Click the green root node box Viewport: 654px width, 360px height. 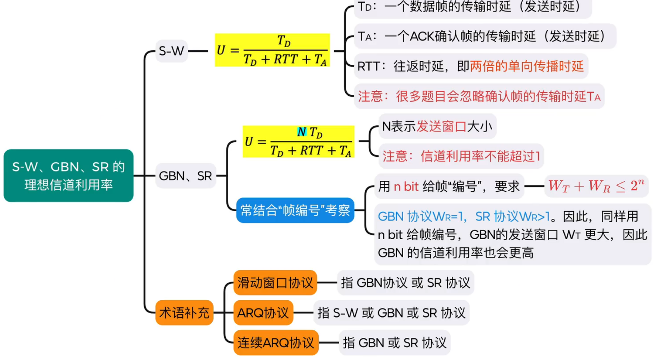(x=68, y=176)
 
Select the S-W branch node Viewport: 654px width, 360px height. (x=172, y=51)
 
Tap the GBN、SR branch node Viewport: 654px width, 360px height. (x=185, y=176)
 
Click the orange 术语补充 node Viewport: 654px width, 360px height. (x=184, y=313)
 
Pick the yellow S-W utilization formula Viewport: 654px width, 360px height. (x=272, y=50)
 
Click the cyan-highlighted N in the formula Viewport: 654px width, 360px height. (x=302, y=132)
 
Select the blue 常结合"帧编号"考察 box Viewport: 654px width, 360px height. (x=295, y=210)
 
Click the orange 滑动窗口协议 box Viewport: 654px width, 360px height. (x=275, y=282)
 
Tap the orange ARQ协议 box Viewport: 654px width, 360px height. (x=263, y=313)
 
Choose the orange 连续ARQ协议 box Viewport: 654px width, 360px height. (x=276, y=343)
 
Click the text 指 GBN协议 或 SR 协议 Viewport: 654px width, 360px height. (x=405, y=282)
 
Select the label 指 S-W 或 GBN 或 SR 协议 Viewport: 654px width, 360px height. (x=391, y=313)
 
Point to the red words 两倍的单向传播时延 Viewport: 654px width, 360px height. (x=527, y=66)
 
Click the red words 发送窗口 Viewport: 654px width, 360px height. (x=441, y=126)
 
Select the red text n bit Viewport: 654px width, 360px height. (x=406, y=186)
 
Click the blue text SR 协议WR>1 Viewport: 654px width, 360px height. (x=512, y=216)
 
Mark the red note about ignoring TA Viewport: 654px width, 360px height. (x=479, y=97)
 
